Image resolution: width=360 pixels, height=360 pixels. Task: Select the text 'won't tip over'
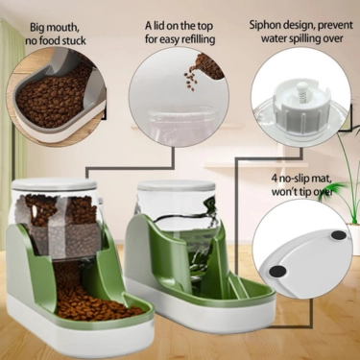303,191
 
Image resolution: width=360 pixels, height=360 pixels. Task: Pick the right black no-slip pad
339,232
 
